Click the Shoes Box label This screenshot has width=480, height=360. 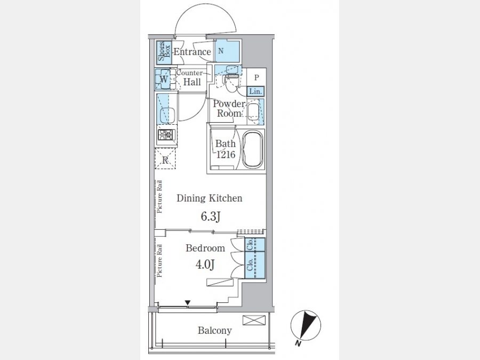pos(164,52)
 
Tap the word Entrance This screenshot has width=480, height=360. pos(192,52)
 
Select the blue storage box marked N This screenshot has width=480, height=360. pos(227,51)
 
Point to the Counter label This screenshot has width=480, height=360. pos(189,73)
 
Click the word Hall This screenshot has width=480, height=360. pos(192,82)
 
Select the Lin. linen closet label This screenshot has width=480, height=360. pos(255,91)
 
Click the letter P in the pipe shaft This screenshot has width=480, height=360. pos(257,77)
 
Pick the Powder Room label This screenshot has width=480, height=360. pos(229,108)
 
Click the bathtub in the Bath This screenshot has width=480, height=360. pos(253,149)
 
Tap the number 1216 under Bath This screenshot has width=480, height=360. pos(226,155)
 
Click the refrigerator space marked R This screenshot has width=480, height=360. pos(166,158)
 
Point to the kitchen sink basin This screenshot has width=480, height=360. pos(167,115)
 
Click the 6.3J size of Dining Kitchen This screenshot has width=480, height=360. pos(211,217)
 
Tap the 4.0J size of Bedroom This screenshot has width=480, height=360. pos(205,264)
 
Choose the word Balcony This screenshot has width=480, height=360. pos(214,331)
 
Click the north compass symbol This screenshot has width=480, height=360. pos(305,326)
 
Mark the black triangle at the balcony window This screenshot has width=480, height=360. pos(188,303)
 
